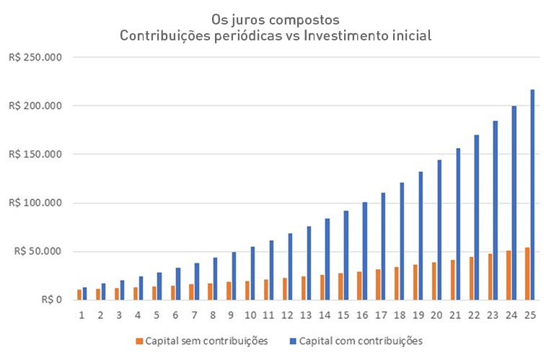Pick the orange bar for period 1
[x=79, y=295]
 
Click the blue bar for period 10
[x=252, y=273]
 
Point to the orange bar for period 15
[x=340, y=286]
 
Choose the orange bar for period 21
[x=452, y=280]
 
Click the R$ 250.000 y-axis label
[x=35, y=57]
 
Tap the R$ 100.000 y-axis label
[x=35, y=203]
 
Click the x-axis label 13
[x=306, y=315]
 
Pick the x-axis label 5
[x=157, y=315]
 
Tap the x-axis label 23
[x=493, y=315]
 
